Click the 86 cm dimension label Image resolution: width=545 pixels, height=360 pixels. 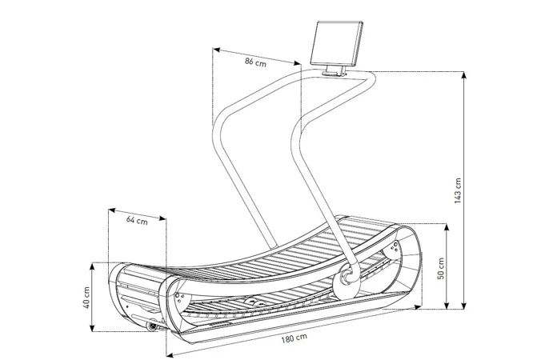(x=255, y=62)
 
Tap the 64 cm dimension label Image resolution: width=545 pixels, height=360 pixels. (x=137, y=220)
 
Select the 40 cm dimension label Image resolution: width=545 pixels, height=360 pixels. (x=86, y=298)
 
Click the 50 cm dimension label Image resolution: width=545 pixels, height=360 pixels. (x=441, y=268)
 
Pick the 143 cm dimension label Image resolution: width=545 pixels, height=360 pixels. (x=458, y=190)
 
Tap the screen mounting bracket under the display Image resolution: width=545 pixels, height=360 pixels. (x=335, y=71)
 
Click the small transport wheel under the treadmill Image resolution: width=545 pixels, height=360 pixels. (x=150, y=326)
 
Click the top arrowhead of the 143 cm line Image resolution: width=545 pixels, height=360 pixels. (x=463, y=74)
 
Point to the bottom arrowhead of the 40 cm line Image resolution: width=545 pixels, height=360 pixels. (x=92, y=328)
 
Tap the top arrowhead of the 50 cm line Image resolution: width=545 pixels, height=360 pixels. (x=447, y=227)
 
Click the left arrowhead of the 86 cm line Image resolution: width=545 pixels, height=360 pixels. (x=216, y=50)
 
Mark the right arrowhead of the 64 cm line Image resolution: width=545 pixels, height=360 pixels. (x=162, y=218)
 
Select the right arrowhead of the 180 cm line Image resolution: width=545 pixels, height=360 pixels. (x=418, y=307)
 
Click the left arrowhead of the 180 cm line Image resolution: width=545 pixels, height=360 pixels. (x=170, y=354)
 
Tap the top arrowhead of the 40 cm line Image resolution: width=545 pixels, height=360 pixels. (x=92, y=266)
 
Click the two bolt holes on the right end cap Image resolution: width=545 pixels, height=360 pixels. (x=395, y=246)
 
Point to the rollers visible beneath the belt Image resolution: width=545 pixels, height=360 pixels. (x=254, y=302)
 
